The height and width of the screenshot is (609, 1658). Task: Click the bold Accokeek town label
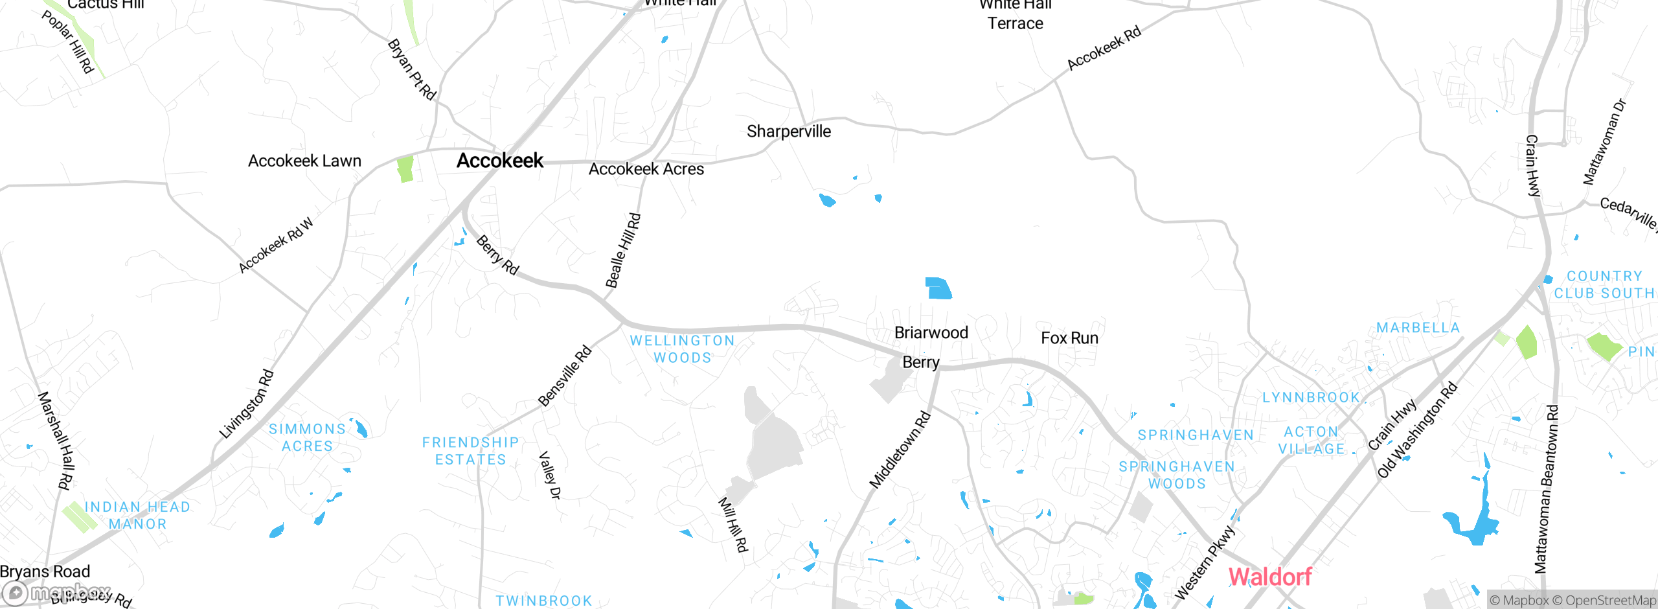(x=499, y=161)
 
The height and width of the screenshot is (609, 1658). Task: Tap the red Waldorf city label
(x=1269, y=576)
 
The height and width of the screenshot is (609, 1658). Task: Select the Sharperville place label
(x=788, y=132)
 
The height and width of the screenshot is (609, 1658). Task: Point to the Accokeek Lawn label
(x=304, y=161)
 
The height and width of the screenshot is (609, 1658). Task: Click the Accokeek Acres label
(x=646, y=169)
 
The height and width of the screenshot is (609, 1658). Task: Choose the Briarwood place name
(x=931, y=333)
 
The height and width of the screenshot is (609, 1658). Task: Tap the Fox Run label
(x=1069, y=338)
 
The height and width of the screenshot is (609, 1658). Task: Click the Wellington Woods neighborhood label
(x=682, y=349)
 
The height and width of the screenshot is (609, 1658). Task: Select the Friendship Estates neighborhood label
(x=470, y=451)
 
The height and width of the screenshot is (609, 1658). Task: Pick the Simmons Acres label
(x=307, y=437)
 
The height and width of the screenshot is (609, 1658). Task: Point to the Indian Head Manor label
(x=137, y=515)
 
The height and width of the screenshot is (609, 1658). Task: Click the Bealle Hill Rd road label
(x=623, y=250)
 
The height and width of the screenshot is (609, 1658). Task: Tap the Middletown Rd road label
(x=900, y=450)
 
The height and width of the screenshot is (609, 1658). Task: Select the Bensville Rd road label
(x=565, y=376)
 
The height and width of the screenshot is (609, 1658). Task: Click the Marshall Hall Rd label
(x=56, y=440)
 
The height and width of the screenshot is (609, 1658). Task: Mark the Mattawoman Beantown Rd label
(x=1547, y=489)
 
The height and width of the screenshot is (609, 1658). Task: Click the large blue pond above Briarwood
(x=938, y=288)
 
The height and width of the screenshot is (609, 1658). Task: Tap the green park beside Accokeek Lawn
(x=405, y=169)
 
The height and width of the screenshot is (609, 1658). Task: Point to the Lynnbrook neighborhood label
(x=1311, y=397)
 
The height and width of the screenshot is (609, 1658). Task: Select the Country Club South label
(x=1604, y=285)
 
